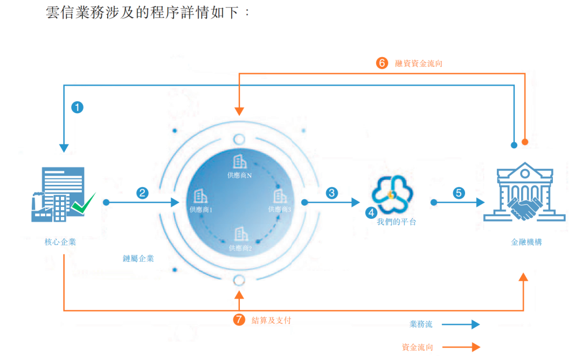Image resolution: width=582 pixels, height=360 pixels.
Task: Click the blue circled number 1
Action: (77, 108)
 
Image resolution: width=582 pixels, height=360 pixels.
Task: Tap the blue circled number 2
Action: (142, 193)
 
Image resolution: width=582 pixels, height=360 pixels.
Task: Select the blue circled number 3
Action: (332, 193)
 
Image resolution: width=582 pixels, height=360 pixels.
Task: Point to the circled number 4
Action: (371, 213)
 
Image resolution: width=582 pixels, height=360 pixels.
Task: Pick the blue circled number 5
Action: (459, 193)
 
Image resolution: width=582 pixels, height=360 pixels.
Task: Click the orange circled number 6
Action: (382, 63)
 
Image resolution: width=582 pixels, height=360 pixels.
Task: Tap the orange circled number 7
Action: (239, 320)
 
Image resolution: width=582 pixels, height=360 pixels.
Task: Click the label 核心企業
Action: (60, 242)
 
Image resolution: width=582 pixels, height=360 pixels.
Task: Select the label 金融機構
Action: (526, 242)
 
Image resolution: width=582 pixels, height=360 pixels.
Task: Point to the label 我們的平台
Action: (397, 222)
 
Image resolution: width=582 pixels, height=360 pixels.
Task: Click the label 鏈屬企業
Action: (138, 258)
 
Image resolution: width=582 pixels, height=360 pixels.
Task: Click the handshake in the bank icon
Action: (524, 209)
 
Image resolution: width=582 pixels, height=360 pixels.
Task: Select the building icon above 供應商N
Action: (239, 162)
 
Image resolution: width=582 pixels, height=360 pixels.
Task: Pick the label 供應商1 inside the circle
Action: (201, 210)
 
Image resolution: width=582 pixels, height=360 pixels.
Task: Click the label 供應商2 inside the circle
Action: (240, 248)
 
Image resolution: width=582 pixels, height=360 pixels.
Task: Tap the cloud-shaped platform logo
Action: (392, 194)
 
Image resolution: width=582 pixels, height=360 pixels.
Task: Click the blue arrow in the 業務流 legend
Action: (461, 324)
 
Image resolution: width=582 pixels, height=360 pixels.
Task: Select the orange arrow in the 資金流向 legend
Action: (461, 347)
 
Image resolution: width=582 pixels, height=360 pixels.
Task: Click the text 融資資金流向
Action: (419, 64)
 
